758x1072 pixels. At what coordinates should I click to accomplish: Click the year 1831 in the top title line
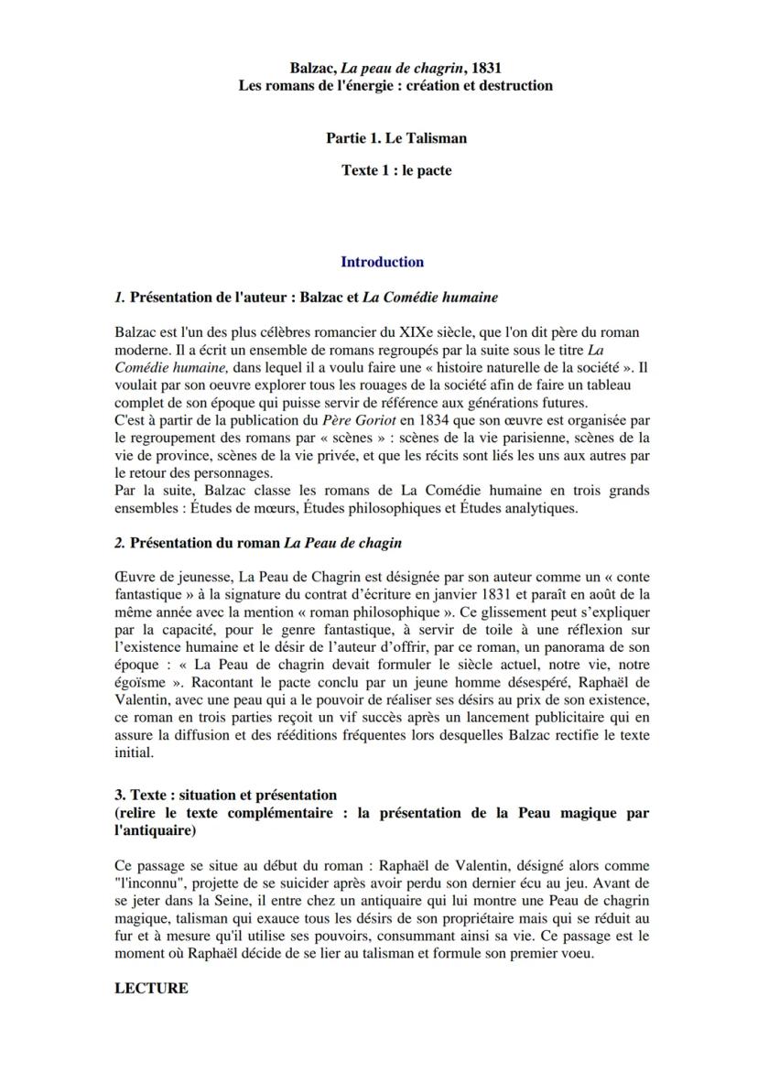coord(485,68)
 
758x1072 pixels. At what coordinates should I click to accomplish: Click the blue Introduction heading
coord(383,262)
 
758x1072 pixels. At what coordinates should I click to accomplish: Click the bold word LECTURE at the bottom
coord(152,989)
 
